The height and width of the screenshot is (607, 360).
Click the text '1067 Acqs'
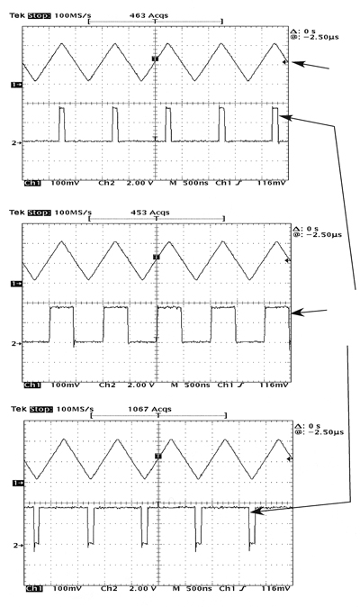(x=149, y=409)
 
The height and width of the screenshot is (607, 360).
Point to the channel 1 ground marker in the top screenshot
(x=16, y=85)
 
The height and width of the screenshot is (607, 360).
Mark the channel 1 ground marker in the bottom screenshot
(x=18, y=483)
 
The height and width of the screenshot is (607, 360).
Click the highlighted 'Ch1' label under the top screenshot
(x=32, y=183)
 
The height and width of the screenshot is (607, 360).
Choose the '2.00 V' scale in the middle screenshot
(x=140, y=385)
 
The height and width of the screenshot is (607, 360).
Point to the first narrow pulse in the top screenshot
(x=62, y=124)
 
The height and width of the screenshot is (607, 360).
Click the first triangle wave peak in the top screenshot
(x=61, y=44)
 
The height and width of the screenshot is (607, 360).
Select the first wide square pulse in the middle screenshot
(x=61, y=324)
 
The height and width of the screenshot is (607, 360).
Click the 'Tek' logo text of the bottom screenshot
(x=18, y=409)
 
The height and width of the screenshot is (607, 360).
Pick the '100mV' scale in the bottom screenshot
(x=67, y=588)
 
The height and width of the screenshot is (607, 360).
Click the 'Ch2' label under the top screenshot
(x=106, y=183)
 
